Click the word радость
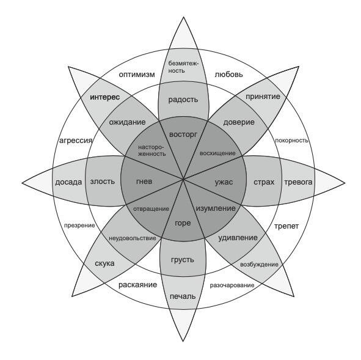[183, 100]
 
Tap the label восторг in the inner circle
[183, 134]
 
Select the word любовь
[228, 75]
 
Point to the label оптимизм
[137, 75]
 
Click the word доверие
[239, 122]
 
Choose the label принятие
[263, 97]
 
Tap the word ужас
[224, 182]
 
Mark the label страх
[264, 182]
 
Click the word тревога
[298, 182]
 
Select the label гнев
[144, 182]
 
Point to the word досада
[68, 182]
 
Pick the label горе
[183, 223]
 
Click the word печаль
[183, 296]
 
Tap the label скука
[104, 263]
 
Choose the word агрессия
[76, 141]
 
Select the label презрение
[79, 226]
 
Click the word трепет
[286, 226]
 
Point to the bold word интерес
[104, 97]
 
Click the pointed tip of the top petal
[183, 17]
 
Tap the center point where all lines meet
[183, 179]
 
